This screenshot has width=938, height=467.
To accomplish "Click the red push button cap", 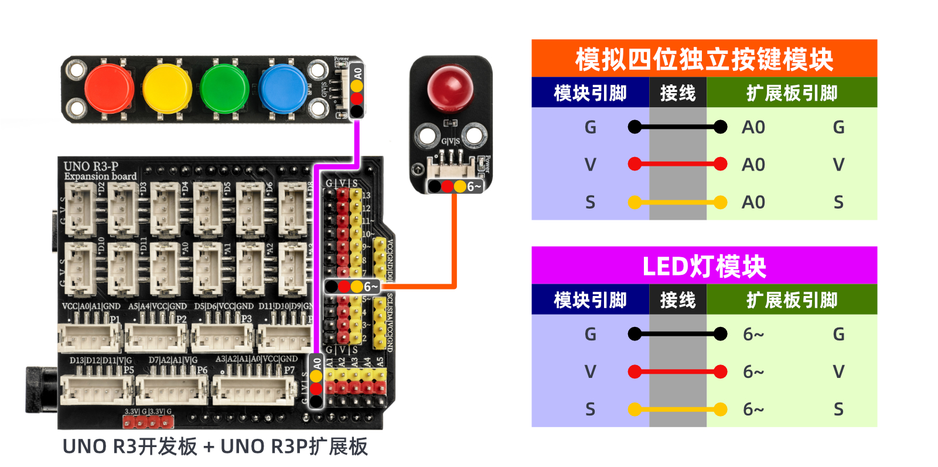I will tap(108, 90).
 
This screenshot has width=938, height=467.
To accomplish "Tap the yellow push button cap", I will tap(167, 90).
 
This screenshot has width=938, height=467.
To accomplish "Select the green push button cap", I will tap(224, 90).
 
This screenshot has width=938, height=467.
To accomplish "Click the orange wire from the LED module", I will tap(454, 246).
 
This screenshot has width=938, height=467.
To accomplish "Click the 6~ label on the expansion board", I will tap(371, 287).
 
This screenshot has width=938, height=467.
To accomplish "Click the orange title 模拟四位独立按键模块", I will tap(704, 59).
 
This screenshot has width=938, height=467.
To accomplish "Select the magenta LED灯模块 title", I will tap(704, 267).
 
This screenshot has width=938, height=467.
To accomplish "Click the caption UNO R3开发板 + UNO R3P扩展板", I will tap(215, 446).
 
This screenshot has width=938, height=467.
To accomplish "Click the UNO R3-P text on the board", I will tap(91, 166).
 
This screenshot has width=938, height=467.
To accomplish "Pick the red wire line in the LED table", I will tap(677, 371).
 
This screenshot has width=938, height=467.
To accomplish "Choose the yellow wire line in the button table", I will tap(677, 203).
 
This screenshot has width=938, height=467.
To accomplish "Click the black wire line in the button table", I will tap(677, 127).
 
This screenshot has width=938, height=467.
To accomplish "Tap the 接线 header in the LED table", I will tap(677, 300).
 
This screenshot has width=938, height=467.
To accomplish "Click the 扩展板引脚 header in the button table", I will tap(792, 93).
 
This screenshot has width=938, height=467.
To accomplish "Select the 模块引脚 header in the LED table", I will tap(590, 300).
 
